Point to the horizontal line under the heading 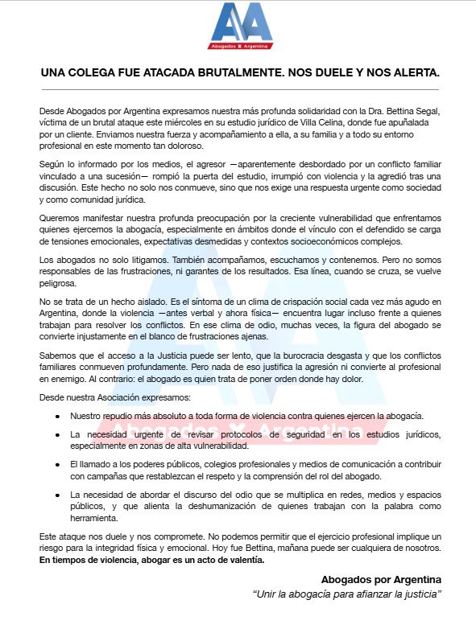(x=238, y=88)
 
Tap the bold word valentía (x=244, y=560)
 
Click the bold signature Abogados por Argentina (x=383, y=579)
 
